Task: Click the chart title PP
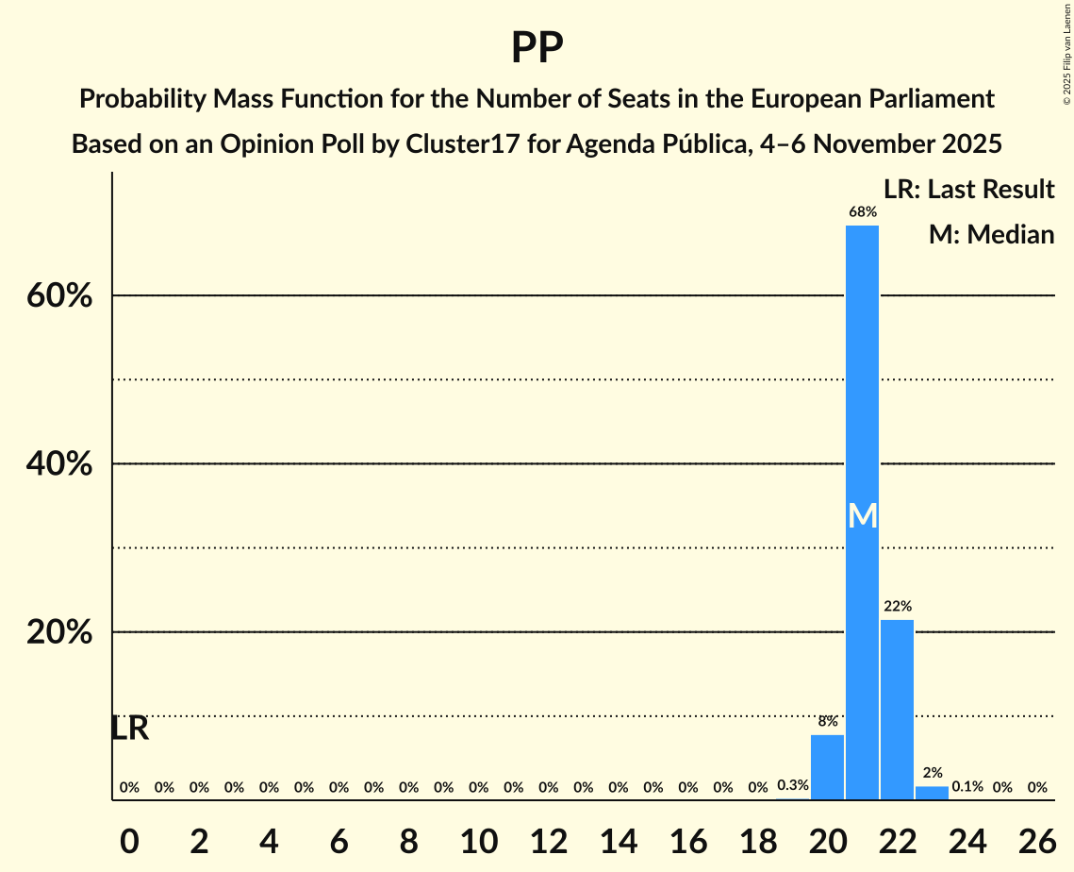click(537, 48)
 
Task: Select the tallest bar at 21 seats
click(862, 425)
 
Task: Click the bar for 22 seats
click(897, 708)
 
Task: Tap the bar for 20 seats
click(827, 766)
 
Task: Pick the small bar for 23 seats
click(932, 793)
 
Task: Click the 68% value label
click(862, 212)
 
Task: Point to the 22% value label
click(897, 607)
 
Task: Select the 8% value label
click(827, 722)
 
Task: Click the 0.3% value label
click(792, 785)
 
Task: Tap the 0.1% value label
click(967, 786)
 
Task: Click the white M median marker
click(862, 515)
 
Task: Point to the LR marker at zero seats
click(129, 729)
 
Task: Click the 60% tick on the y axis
click(58, 296)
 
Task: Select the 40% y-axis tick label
click(58, 464)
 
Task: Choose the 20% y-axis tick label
click(58, 632)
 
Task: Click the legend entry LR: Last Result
click(968, 190)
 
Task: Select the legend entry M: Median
click(991, 234)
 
